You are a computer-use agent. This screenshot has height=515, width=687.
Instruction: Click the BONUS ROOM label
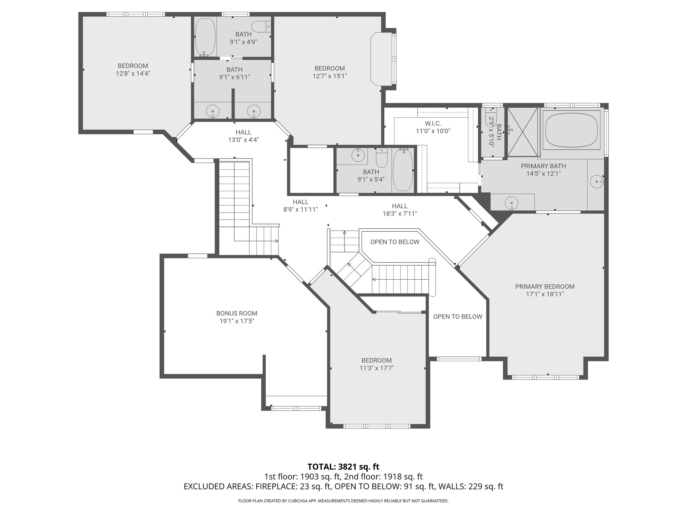click(236, 313)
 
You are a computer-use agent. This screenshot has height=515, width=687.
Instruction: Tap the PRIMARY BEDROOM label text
click(545, 287)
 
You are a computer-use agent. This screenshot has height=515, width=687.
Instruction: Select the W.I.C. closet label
click(433, 124)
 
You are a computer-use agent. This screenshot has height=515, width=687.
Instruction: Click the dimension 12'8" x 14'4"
click(133, 73)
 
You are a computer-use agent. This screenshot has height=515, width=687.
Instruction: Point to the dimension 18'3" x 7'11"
click(400, 214)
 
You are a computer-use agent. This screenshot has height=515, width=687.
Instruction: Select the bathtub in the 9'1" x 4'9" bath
click(205, 37)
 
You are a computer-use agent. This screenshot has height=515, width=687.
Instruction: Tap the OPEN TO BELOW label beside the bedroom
click(458, 317)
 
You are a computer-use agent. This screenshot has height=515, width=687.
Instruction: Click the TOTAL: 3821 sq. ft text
click(343, 467)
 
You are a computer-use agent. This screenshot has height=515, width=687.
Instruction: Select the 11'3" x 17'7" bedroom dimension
click(376, 368)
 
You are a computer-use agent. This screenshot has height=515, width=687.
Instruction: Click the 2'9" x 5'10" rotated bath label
click(495, 132)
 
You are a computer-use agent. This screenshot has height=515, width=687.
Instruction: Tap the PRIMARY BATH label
click(543, 166)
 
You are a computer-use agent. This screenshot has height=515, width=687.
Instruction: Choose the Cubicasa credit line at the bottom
click(343, 501)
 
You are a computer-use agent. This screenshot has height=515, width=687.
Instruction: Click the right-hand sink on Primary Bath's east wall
click(597, 181)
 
